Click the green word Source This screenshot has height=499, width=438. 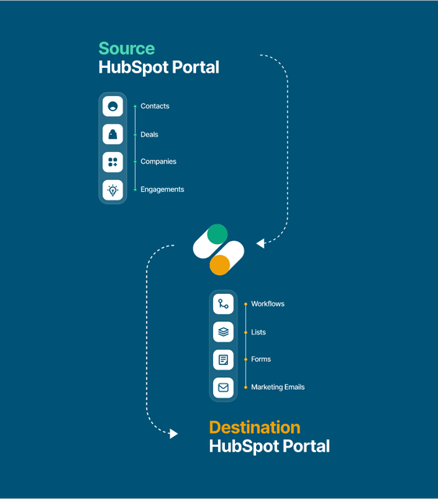(126, 48)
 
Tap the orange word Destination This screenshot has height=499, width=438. (255, 427)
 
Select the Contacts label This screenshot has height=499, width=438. (155, 106)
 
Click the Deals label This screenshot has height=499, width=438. (149, 134)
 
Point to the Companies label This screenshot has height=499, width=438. (158, 161)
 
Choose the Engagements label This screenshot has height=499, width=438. (162, 189)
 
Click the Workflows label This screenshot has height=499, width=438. (268, 304)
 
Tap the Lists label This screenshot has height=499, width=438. (258, 332)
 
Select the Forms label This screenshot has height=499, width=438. (261, 359)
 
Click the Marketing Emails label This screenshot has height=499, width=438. (278, 387)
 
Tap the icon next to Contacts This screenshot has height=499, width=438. (112, 106)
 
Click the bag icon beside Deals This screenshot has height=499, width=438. (112, 134)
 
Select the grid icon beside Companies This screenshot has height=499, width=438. (112, 162)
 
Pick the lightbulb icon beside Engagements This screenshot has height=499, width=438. (112, 190)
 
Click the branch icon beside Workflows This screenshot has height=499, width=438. (223, 304)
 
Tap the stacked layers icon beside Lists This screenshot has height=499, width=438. (223, 332)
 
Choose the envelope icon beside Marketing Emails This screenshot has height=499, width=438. (223, 388)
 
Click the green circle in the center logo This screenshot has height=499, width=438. (217, 234)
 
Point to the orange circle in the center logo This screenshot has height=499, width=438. (220, 265)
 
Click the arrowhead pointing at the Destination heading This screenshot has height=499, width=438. (173, 434)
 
